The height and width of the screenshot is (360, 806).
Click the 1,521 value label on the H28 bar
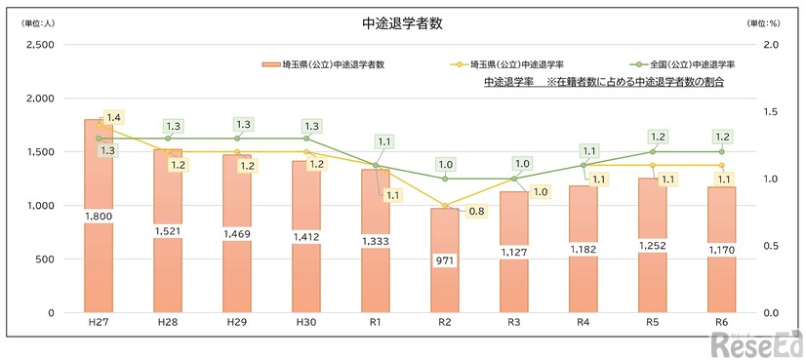(x=168, y=230)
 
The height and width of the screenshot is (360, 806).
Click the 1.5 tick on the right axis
(x=771, y=112)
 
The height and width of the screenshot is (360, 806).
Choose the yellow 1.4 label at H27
(x=114, y=117)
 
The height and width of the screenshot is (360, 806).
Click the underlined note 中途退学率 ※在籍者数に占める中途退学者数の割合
(x=610, y=83)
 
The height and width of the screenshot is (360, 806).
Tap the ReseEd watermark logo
(x=756, y=343)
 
